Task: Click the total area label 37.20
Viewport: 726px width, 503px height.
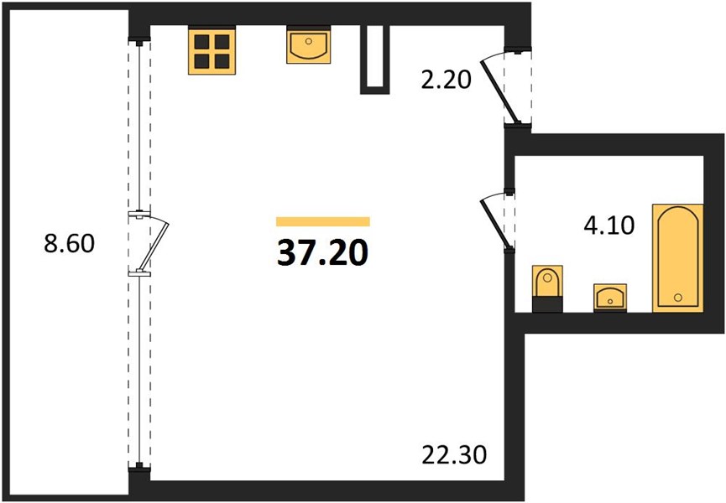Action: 323,253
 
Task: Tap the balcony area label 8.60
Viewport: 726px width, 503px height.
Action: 70,243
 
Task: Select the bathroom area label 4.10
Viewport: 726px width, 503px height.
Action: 608,226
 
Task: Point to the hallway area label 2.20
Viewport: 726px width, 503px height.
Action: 446,80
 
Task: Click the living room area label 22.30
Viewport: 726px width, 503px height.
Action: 454,454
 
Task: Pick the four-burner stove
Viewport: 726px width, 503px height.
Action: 212,50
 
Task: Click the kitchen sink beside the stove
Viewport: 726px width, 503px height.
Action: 309,44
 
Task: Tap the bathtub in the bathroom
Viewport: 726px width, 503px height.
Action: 678,257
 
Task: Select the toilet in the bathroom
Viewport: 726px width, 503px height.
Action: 547,288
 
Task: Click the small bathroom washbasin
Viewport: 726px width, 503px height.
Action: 610,298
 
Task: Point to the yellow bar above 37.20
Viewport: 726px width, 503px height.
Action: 323,221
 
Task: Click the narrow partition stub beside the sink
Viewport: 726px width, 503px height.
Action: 375,60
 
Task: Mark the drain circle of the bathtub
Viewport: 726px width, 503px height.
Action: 678,298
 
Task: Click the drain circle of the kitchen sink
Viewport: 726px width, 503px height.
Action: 309,41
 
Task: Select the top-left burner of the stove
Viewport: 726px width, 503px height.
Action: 201,42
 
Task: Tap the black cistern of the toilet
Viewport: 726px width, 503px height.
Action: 547,304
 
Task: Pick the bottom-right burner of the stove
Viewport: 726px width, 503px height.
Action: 222,61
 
